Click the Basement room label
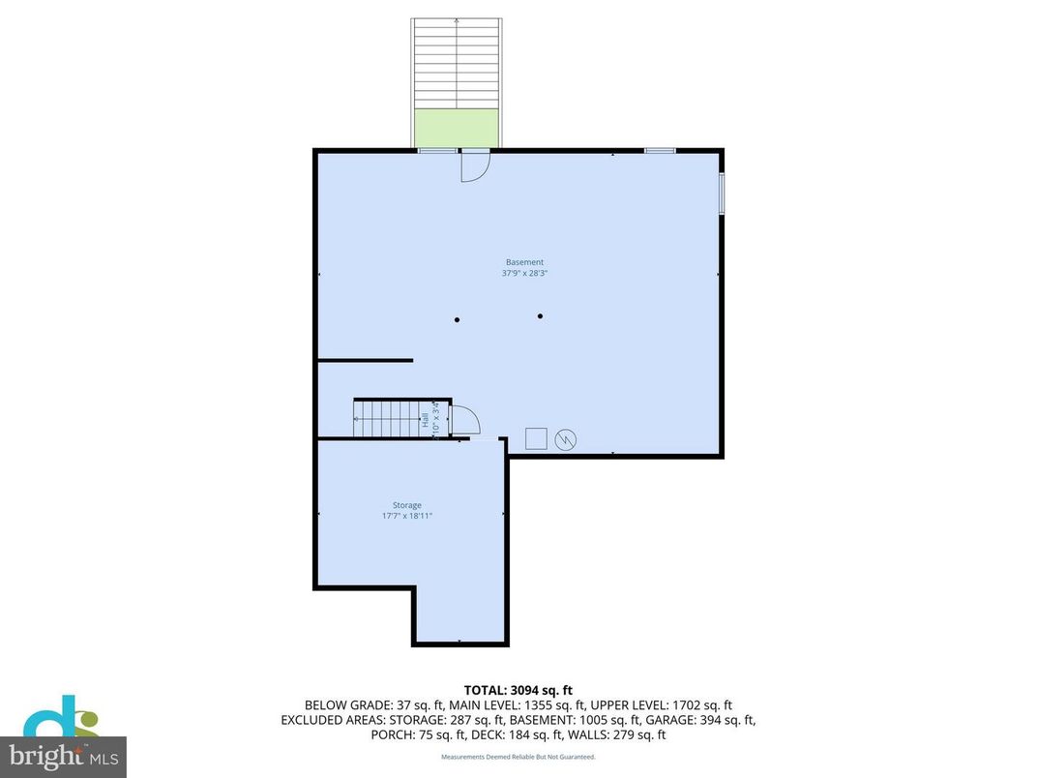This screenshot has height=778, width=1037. click(x=524, y=262)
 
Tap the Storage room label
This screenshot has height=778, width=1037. click(x=406, y=505)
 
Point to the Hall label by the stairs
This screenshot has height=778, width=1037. click(x=425, y=420)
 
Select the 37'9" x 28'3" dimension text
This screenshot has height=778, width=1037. click(x=524, y=274)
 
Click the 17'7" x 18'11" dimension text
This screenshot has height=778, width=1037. click(x=406, y=516)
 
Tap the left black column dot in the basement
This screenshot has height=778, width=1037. click(x=458, y=319)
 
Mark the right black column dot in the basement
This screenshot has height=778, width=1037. click(x=541, y=315)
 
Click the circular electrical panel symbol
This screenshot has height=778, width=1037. click(x=566, y=440)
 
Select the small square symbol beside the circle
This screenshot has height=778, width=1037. click(x=536, y=438)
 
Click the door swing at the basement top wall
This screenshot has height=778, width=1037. click(x=474, y=166)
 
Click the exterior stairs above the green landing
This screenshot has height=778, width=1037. click(x=457, y=63)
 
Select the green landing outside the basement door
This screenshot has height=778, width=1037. click(x=457, y=128)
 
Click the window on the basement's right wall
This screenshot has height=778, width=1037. click(x=721, y=193)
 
